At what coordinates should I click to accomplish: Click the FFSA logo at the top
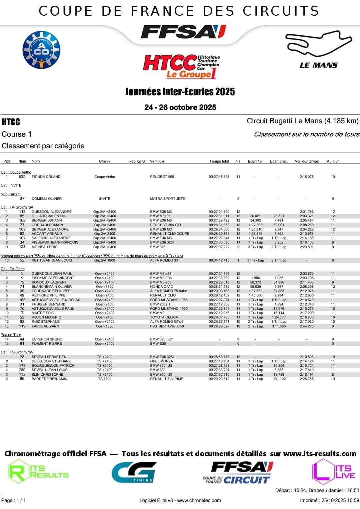point(183,32)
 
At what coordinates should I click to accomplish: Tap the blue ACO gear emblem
point(41,50)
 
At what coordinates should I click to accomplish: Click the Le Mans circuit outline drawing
point(318,44)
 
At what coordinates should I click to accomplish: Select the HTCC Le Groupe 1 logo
point(181,66)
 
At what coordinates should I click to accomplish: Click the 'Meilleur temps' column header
point(306,161)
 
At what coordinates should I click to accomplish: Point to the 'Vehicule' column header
point(157,161)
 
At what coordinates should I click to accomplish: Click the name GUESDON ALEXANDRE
point(52,212)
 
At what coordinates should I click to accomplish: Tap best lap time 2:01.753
point(306,212)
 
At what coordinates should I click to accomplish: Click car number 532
point(22,177)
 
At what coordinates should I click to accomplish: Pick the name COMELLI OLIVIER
point(47,199)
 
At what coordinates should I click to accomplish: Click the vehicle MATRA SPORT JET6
point(167,199)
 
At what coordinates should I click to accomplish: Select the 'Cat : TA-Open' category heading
point(13,269)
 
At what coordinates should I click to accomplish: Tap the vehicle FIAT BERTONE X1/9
point(167,326)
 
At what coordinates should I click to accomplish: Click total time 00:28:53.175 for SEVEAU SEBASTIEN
point(219,357)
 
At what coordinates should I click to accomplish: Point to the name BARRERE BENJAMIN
point(49,379)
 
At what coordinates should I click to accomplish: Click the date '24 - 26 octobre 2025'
point(180,107)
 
